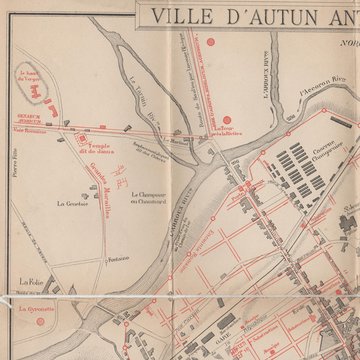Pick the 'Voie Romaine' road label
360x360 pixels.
(32, 131)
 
